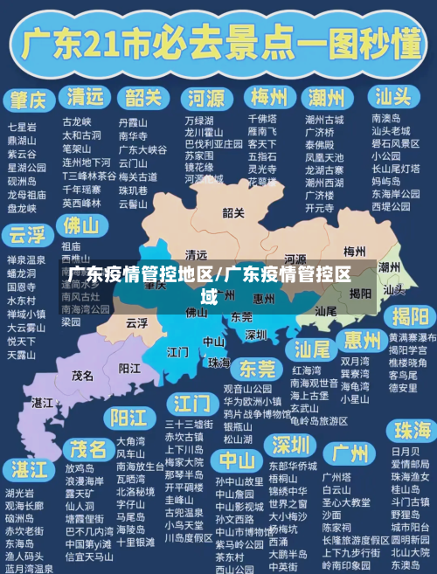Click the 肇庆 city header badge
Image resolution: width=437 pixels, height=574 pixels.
tap(30, 96)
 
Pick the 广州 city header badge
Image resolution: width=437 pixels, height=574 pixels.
tap(349, 453)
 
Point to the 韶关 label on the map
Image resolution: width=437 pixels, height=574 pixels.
tap(233, 212)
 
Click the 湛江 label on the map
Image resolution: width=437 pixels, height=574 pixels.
tap(42, 403)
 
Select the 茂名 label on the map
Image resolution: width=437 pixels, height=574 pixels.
tap(83, 375)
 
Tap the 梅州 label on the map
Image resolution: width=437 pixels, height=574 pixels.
tap(354, 251)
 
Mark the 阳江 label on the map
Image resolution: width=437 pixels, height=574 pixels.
tap(128, 368)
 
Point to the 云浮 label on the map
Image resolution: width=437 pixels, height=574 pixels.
tap(136, 322)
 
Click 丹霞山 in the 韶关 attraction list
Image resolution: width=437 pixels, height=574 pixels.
tap(133, 123)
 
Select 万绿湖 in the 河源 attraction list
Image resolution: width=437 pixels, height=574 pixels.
tap(198, 121)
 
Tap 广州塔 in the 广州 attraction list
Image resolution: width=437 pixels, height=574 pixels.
tap(336, 477)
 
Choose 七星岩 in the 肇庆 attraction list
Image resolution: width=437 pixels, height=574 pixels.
tap(22, 127)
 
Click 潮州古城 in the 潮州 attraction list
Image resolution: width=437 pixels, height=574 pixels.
tap(324, 119)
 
